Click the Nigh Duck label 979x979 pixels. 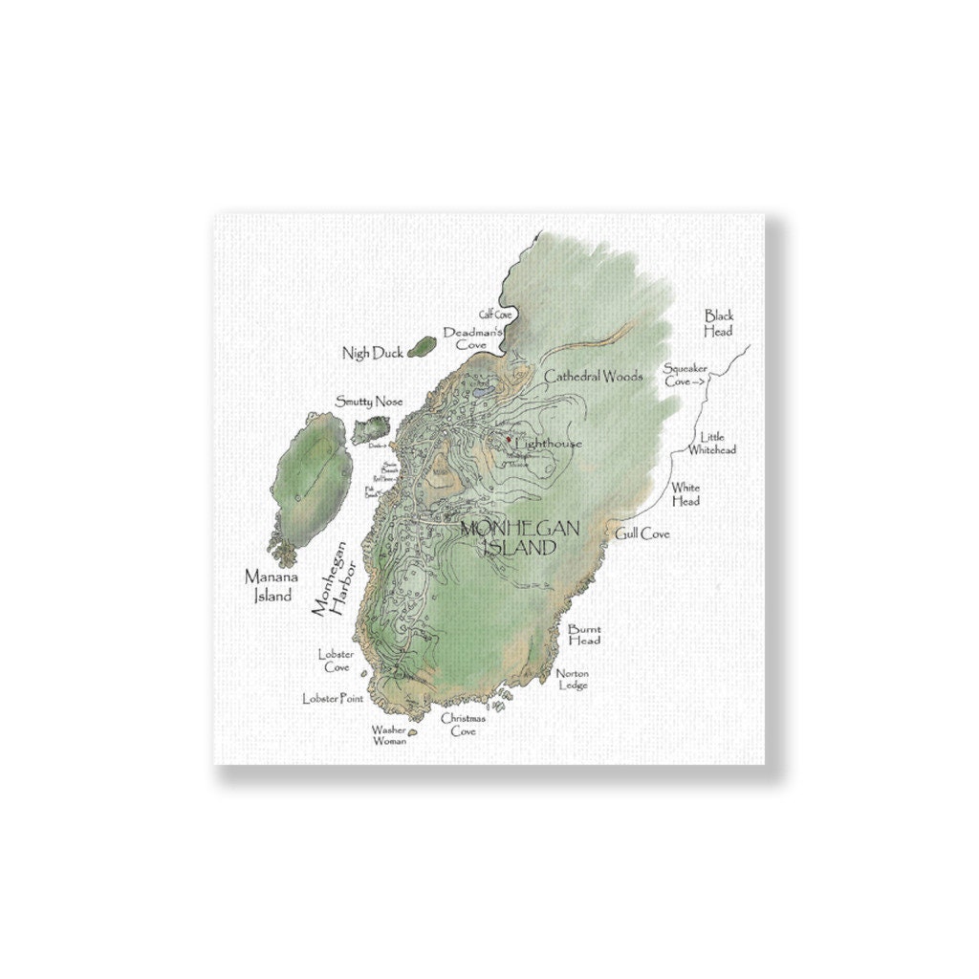[x=373, y=354]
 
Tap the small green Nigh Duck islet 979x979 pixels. [x=420, y=348]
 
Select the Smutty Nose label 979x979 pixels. [x=368, y=402]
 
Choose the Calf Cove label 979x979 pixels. [x=496, y=314]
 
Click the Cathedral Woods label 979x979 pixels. [x=594, y=377]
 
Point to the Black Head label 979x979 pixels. [x=718, y=322]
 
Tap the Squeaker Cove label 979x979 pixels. [x=685, y=374]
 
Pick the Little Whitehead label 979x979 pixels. [x=712, y=443]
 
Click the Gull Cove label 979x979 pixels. [x=643, y=533]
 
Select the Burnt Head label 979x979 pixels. [x=584, y=635]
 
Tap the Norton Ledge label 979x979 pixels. [x=573, y=679]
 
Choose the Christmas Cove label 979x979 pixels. [x=463, y=724]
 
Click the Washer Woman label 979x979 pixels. [x=388, y=734]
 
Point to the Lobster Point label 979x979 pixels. [x=333, y=699]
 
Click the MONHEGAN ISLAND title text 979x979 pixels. [x=507, y=537]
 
